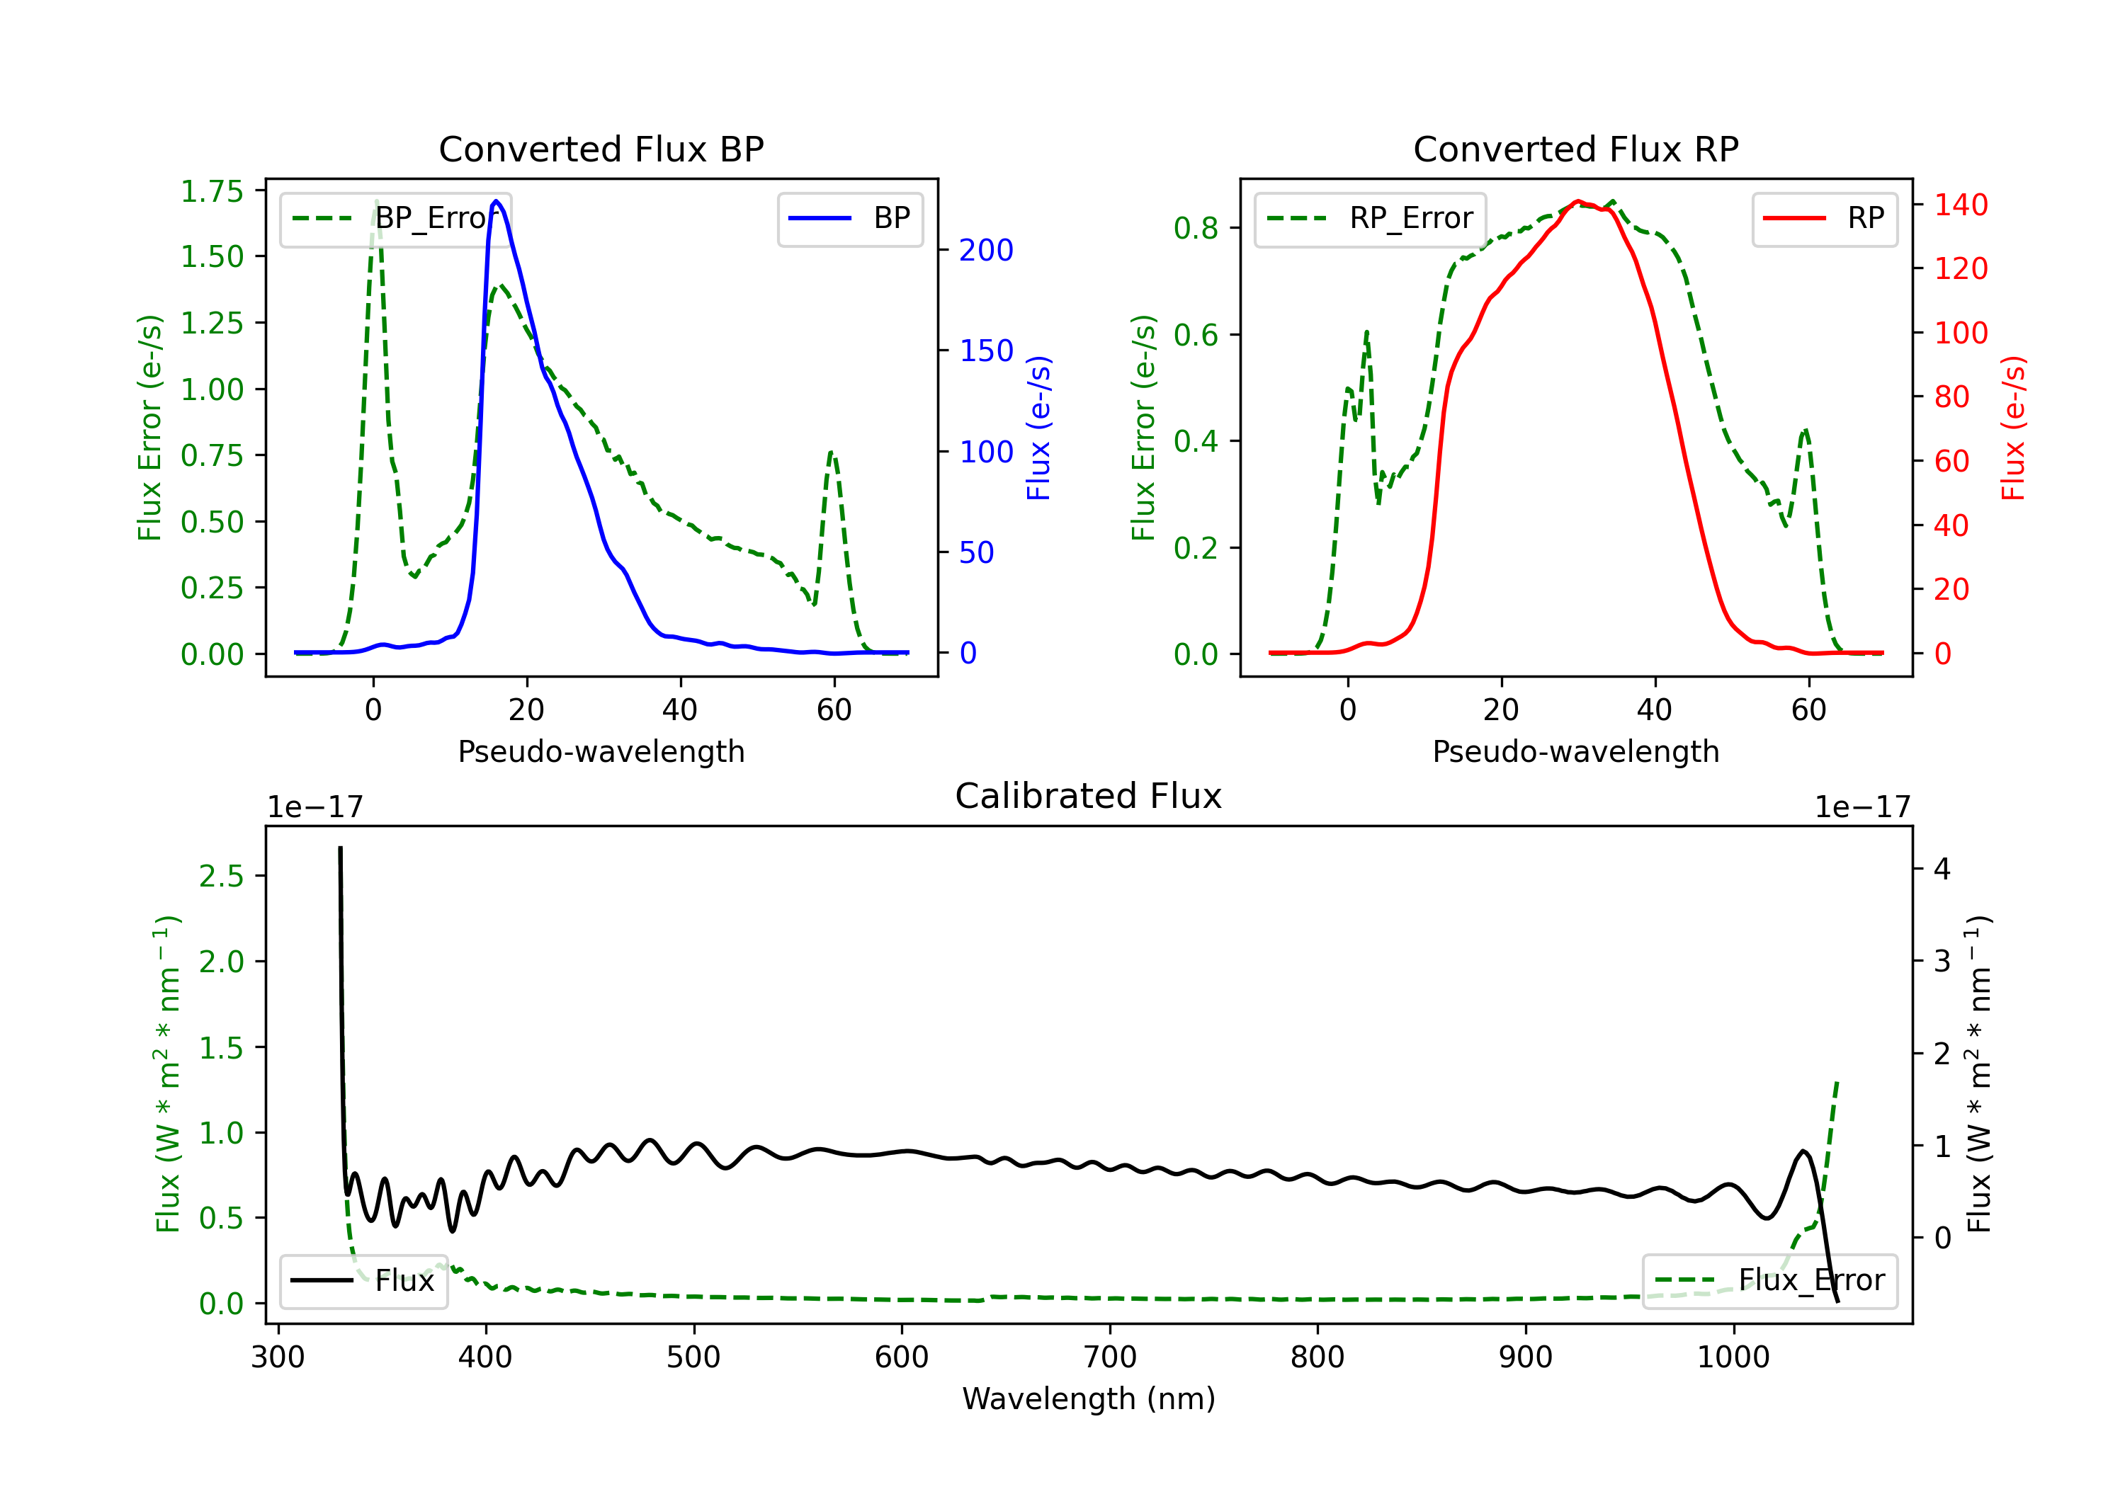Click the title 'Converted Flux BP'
(x=601, y=149)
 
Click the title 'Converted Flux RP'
(x=1575, y=149)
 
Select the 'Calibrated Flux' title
(x=1089, y=796)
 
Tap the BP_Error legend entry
(x=395, y=218)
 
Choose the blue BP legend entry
(x=849, y=218)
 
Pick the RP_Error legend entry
(x=1370, y=218)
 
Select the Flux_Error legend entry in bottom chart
(x=1769, y=1281)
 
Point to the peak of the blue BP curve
(x=496, y=201)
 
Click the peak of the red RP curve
(x=1578, y=201)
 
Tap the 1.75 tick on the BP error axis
(x=212, y=192)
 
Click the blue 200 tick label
(x=986, y=250)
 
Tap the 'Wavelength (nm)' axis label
(x=1089, y=1399)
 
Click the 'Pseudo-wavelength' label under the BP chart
(x=601, y=751)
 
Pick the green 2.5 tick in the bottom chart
(x=221, y=877)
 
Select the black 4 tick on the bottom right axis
(x=1942, y=869)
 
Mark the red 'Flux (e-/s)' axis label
(x=2013, y=428)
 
